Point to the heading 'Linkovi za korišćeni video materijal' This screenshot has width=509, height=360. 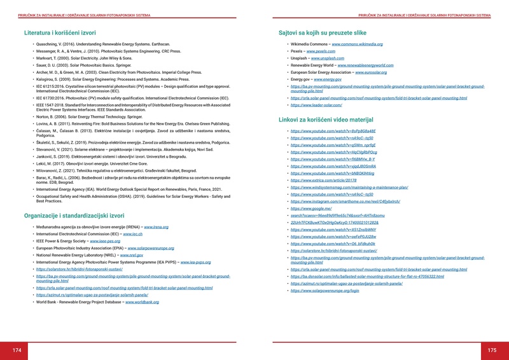pyautogui.click(x=334, y=119)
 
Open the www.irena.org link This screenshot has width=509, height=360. pyautogui.click(x=156, y=227)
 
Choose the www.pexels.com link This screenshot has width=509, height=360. pyautogui.click(x=321, y=51)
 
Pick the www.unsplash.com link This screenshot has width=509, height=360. pyautogui.click(x=328, y=58)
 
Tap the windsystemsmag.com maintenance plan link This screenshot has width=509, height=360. pyautogui.click(x=349, y=188)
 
